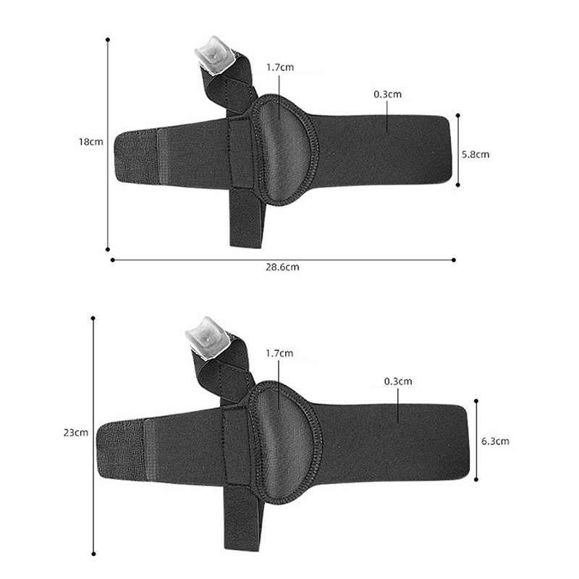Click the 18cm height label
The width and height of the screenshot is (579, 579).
pos(91,142)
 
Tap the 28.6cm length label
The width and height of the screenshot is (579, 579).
pos(282,267)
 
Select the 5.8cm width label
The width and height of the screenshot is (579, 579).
pos(476,154)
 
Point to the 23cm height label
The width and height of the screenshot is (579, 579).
pos(76,432)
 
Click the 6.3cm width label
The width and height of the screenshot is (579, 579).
pos(495,441)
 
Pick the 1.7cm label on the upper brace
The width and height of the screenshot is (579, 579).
pos(280,67)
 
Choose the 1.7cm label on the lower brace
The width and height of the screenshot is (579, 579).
pos(279,353)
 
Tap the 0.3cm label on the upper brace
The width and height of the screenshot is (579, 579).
pos(387,94)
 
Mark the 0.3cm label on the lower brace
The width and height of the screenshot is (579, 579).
pos(398,381)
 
